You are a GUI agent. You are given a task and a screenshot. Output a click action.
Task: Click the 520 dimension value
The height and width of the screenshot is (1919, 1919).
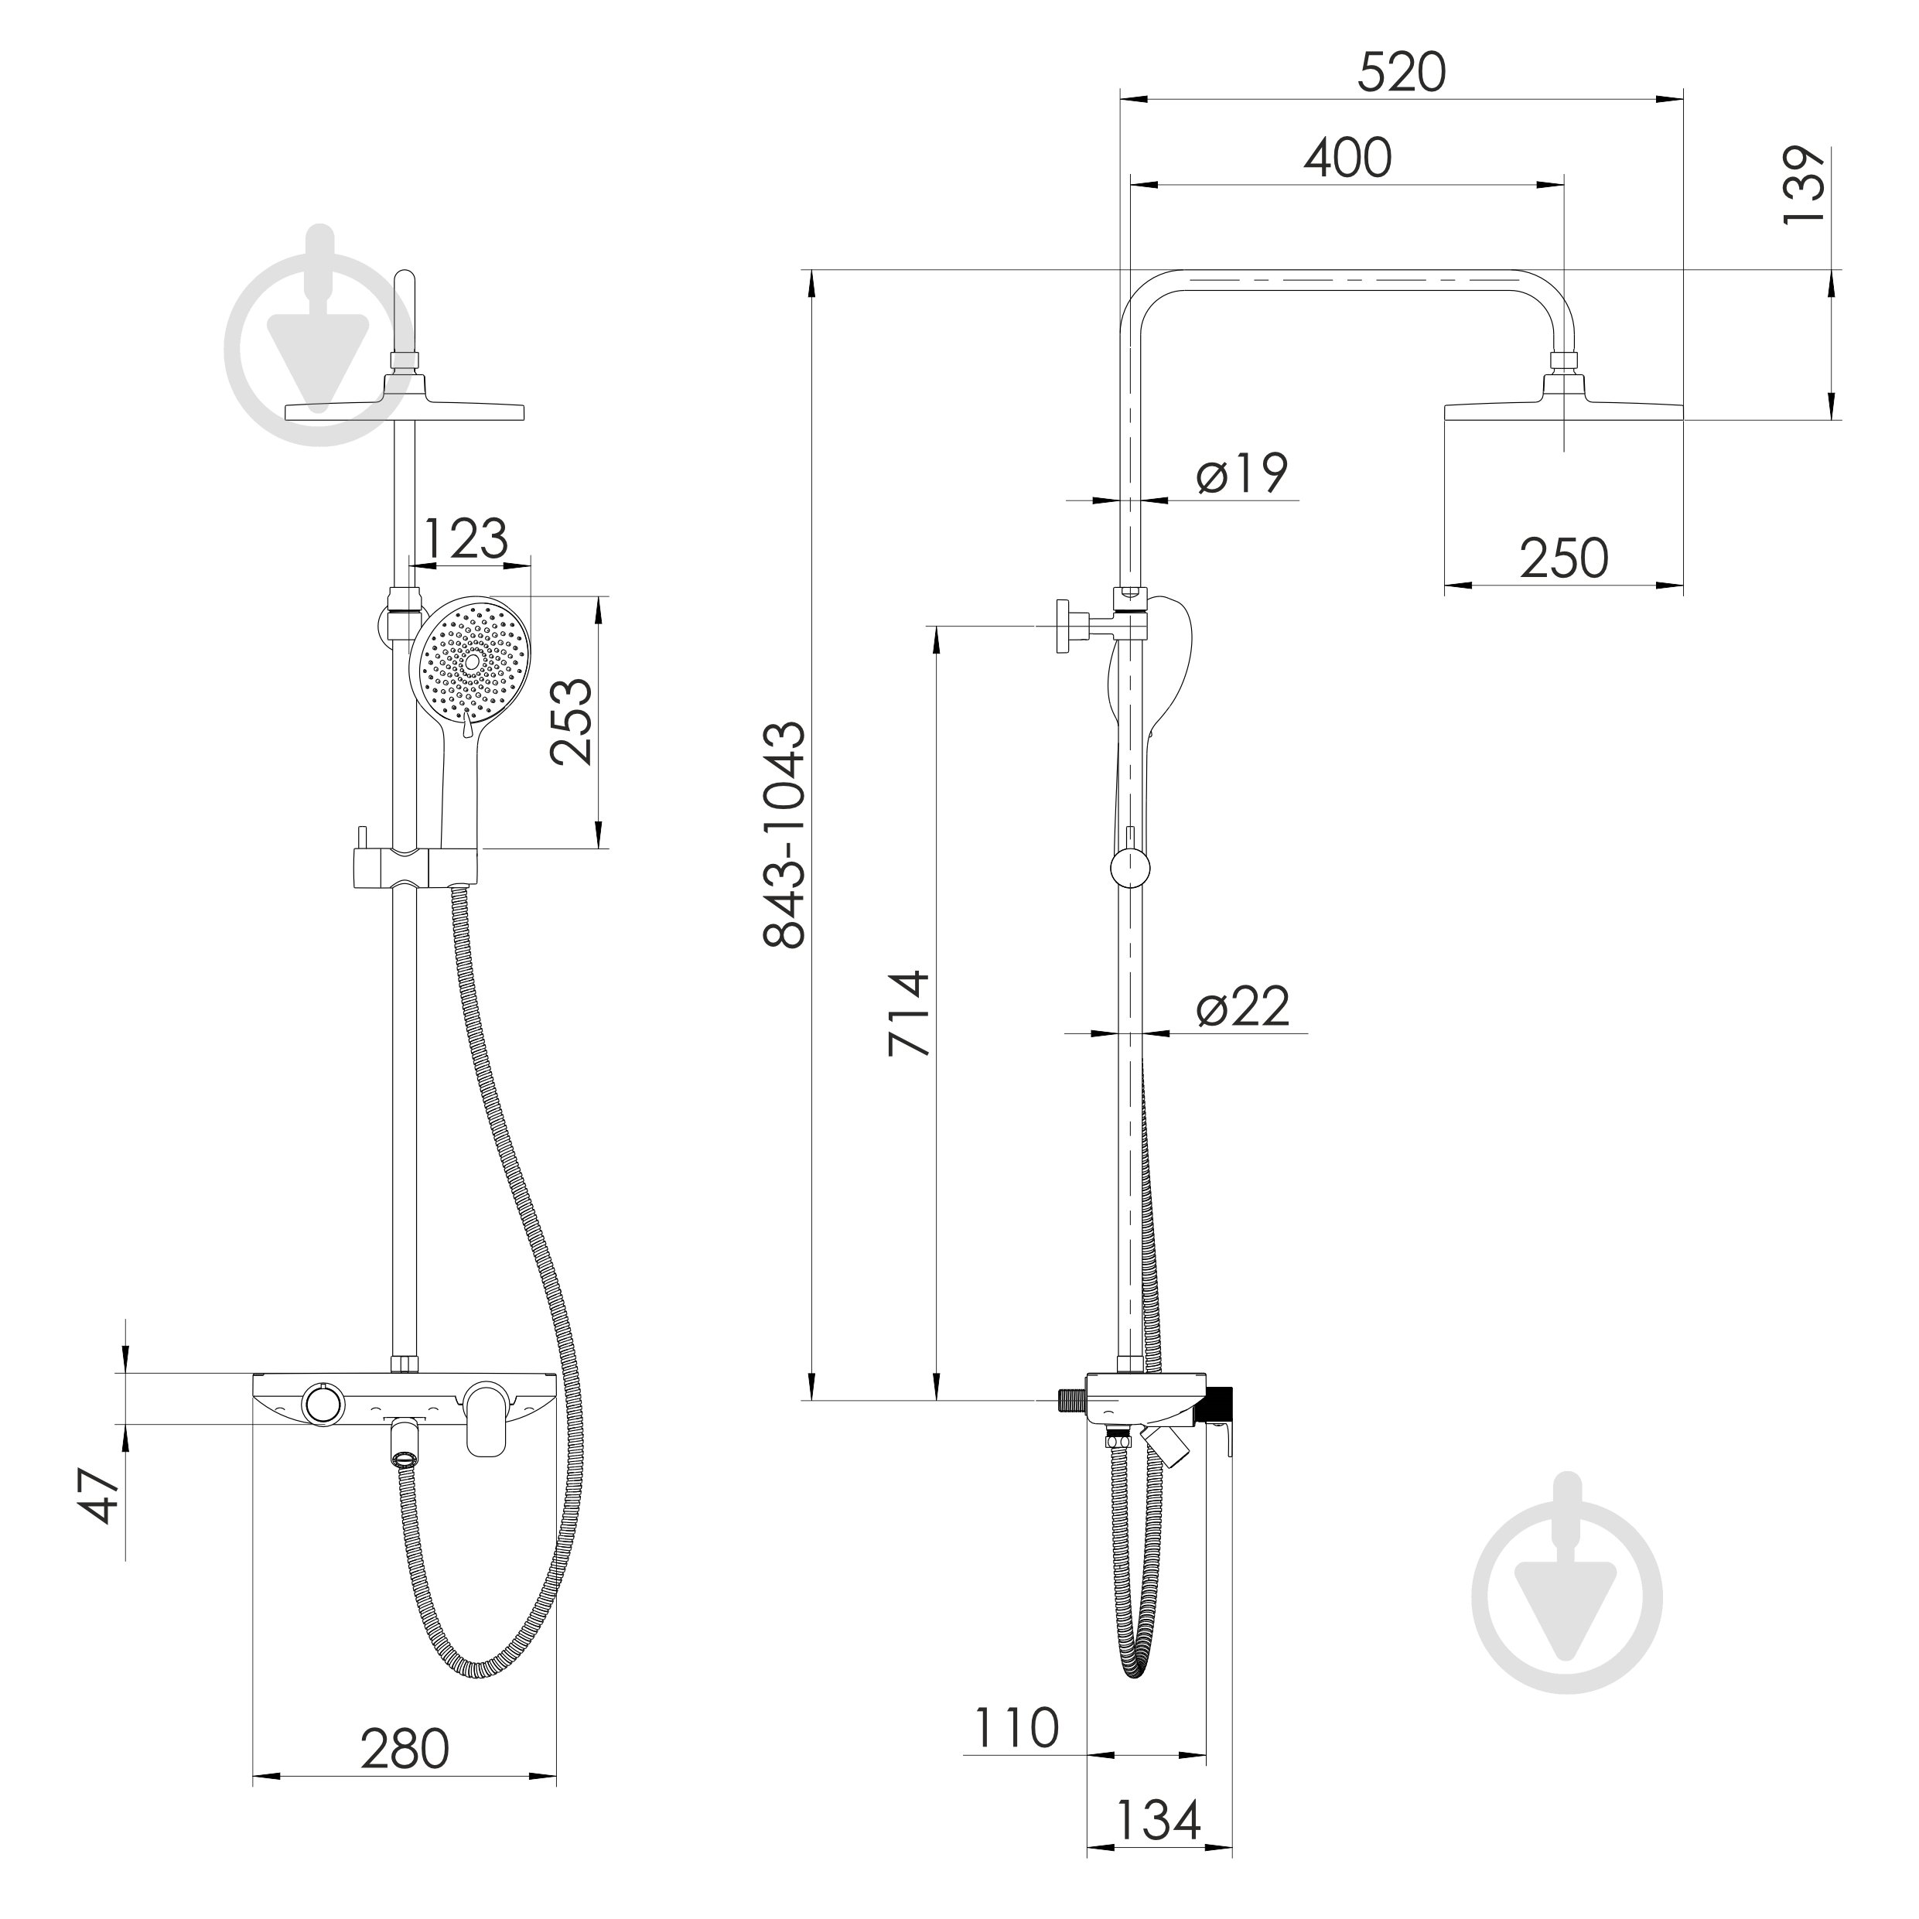[x=1402, y=73]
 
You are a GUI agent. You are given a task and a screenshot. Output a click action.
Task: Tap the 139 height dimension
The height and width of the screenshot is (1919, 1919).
[x=1804, y=186]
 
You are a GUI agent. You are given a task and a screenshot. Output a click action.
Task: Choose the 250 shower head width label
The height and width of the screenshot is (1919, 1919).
[x=1563, y=558]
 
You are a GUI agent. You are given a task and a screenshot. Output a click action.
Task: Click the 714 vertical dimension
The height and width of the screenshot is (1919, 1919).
[x=909, y=1014]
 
